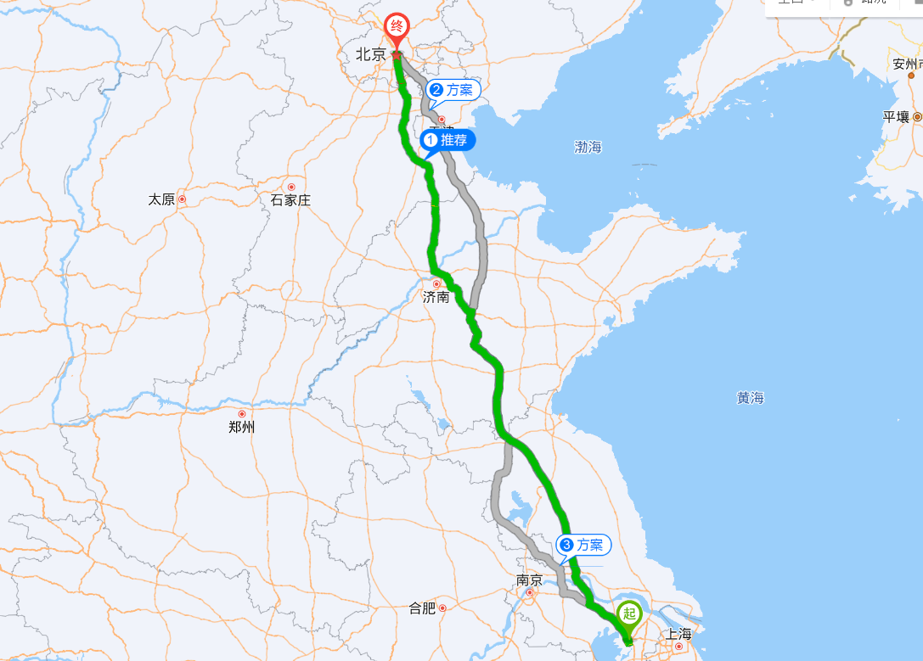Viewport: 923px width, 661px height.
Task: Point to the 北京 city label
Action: (x=370, y=54)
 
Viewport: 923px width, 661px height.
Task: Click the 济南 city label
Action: (x=436, y=298)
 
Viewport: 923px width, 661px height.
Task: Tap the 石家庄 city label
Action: (x=290, y=200)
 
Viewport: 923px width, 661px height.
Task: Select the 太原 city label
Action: (x=161, y=199)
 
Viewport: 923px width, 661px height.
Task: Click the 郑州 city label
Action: (x=242, y=428)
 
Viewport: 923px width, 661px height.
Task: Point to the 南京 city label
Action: (x=529, y=580)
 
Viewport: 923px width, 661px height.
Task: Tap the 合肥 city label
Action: (x=422, y=608)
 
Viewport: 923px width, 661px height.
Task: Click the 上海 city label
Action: (x=678, y=633)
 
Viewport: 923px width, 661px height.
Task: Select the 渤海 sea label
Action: (x=588, y=147)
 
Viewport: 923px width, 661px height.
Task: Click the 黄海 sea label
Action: (x=751, y=397)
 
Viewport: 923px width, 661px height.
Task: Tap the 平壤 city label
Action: (x=896, y=117)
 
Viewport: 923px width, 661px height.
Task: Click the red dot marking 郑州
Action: (x=242, y=414)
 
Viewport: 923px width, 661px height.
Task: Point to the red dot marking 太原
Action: (x=182, y=199)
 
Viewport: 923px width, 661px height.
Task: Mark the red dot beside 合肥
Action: (x=442, y=608)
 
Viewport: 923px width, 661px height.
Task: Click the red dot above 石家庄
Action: (x=291, y=187)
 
